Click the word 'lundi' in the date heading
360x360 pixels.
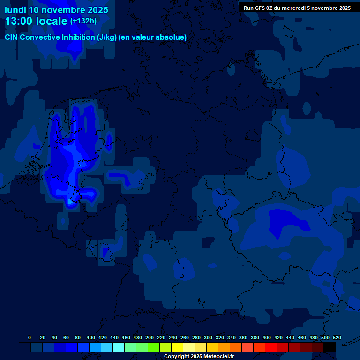[x=16, y=9]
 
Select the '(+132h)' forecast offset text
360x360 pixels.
[x=83, y=21]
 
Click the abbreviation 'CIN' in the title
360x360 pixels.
[x=13, y=37]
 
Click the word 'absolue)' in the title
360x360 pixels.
[x=172, y=37]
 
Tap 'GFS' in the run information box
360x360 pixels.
[x=261, y=8]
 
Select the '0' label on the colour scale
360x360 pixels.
[x=30, y=337]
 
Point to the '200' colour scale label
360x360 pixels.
[x=150, y=337]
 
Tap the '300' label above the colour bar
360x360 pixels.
[x=208, y=337]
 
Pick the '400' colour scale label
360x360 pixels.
[x=267, y=337]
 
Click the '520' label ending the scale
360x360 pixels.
[x=337, y=337]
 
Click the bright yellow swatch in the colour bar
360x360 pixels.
[x=177, y=347]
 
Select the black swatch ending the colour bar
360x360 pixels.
[x=330, y=347]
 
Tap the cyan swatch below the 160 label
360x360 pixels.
[x=119, y=347]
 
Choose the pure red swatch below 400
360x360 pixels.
[x=271, y=347]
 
